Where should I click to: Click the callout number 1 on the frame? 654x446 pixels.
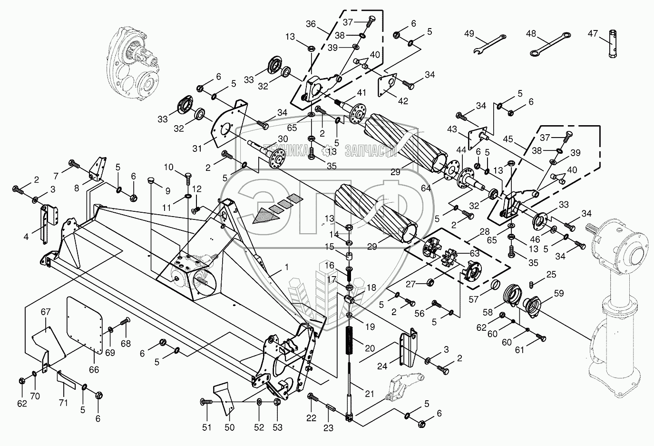point(286,268)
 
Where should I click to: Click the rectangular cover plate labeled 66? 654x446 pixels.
point(85,325)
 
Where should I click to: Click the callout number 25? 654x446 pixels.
point(551,274)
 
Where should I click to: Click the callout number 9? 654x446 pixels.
point(167,190)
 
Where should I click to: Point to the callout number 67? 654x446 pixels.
point(46,312)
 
